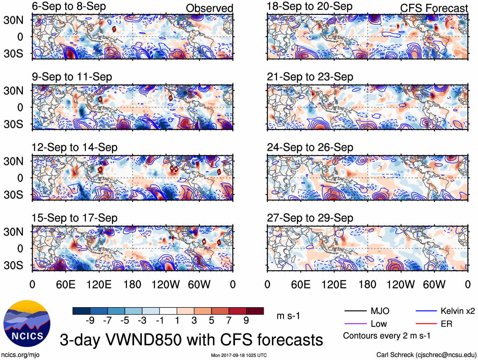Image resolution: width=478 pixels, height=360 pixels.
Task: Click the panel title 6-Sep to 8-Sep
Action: [x=69, y=7]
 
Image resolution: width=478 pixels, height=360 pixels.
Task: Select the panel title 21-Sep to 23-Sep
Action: [x=310, y=77]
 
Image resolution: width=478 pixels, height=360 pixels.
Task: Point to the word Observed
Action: [x=209, y=8]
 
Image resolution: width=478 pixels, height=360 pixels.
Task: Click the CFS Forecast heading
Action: [x=434, y=8]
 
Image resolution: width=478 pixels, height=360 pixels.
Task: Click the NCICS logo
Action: [x=27, y=323]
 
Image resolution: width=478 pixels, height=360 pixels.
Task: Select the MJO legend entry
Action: [x=380, y=311]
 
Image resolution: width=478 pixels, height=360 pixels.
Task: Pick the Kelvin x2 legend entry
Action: [x=457, y=311]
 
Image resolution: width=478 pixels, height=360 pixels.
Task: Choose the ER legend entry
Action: [x=446, y=324]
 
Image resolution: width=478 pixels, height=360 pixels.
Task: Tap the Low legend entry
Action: [x=379, y=324]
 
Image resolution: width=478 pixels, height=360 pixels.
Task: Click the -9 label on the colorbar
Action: [x=90, y=320]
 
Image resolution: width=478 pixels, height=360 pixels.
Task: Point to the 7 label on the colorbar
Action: [x=229, y=320]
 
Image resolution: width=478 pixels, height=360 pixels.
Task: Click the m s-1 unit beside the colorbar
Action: [x=288, y=316]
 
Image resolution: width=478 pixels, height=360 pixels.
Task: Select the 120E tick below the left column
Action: [x=99, y=284]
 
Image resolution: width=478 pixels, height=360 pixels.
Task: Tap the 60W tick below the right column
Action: [x=434, y=284]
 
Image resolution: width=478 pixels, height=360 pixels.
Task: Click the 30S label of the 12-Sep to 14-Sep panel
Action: [x=13, y=195]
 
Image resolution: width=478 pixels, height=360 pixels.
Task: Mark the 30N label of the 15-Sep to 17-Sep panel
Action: [x=13, y=232]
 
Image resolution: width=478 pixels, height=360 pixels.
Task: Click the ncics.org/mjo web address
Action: [x=20, y=355]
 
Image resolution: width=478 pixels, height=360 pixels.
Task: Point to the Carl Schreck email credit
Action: [x=426, y=355]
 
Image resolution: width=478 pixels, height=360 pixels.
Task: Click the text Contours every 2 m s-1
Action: [x=387, y=336]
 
